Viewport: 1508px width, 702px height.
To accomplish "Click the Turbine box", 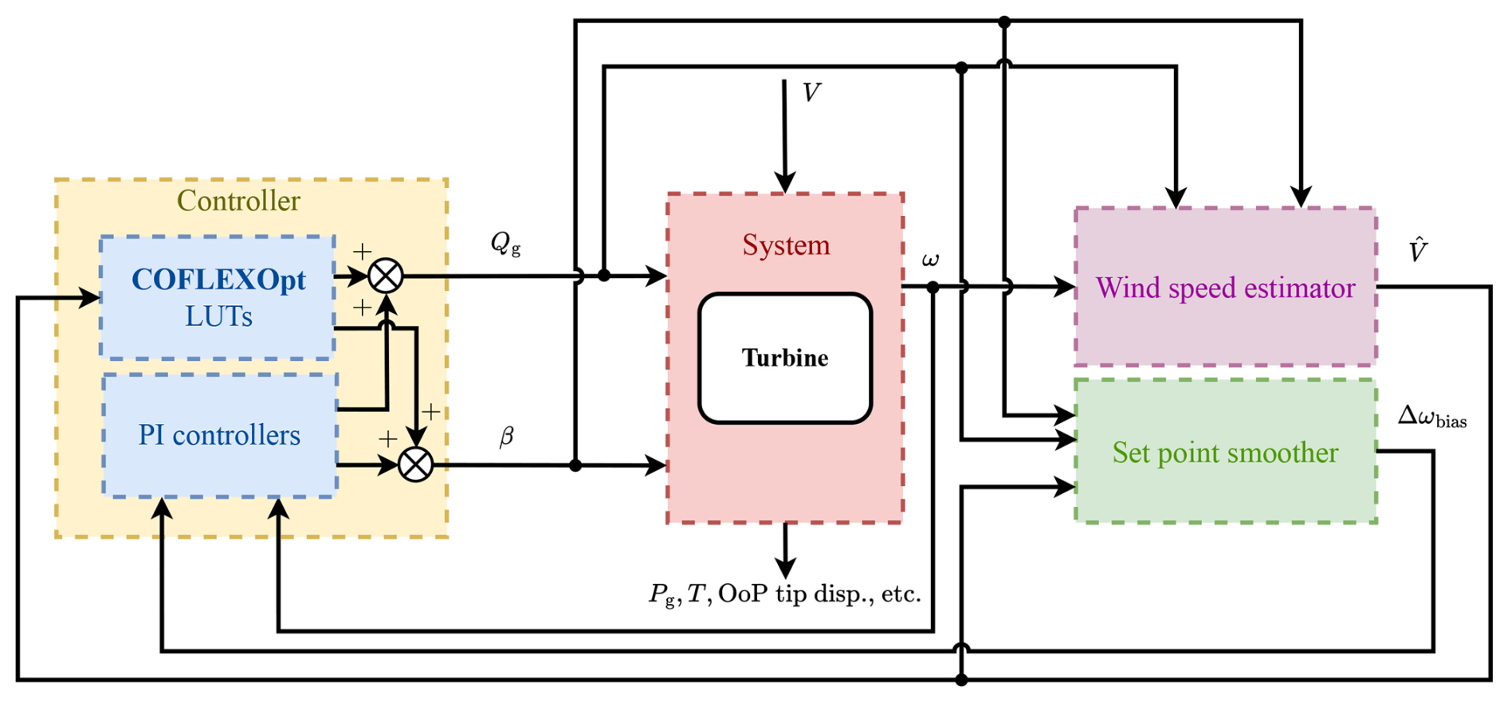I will tap(785, 358).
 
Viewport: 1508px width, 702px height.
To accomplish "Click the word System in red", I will tap(786, 245).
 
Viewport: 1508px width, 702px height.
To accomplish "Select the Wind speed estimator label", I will tap(1225, 288).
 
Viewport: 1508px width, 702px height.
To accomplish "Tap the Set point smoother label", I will tap(1225, 453).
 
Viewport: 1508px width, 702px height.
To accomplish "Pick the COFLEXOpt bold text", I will tap(218, 280).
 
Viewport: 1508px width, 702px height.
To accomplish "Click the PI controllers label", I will tap(219, 435).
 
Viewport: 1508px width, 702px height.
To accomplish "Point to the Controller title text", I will tap(238, 201).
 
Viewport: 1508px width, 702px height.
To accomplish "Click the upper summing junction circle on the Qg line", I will tap(386, 276).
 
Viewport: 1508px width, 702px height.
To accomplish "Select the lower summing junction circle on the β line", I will tap(415, 465).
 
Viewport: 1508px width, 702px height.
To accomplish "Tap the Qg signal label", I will tap(505, 243).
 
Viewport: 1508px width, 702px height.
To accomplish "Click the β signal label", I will tap(506, 437).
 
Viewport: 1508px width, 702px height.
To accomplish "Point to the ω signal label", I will tap(930, 260).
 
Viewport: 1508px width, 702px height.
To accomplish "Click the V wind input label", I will tap(811, 93).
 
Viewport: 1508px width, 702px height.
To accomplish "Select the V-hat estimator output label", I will tap(1418, 250).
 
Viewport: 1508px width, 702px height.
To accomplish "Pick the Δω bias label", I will tap(1432, 417).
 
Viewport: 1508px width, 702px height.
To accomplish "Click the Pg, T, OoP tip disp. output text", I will tap(785, 594).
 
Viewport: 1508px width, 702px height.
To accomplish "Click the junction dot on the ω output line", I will tap(933, 287).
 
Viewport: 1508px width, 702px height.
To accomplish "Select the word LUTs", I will tap(218, 316).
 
